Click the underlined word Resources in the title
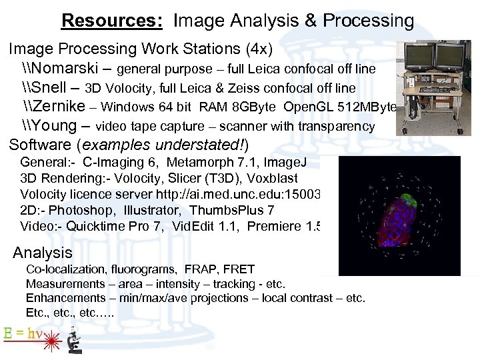[x=111, y=21]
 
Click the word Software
[x=40, y=145]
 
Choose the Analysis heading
[x=43, y=253]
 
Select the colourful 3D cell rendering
[x=399, y=215]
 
